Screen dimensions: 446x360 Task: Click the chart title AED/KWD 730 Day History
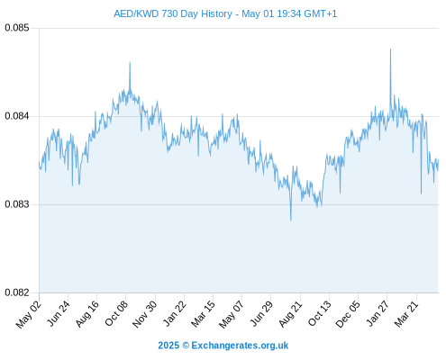(173, 13)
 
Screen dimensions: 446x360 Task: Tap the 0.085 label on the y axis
(17, 28)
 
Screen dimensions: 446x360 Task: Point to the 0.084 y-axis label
(17, 116)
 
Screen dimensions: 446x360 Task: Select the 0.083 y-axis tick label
(17, 204)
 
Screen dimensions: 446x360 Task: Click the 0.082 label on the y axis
(17, 292)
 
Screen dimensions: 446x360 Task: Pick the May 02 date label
(29, 314)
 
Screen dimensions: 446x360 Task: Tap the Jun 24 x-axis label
(59, 314)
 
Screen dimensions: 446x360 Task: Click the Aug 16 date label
(86, 314)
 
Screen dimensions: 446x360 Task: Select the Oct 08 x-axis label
(116, 313)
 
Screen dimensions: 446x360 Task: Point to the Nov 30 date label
(144, 314)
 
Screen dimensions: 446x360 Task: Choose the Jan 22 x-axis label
(174, 313)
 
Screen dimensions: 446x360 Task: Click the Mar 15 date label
(203, 314)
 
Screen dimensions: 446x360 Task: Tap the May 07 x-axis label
(232, 314)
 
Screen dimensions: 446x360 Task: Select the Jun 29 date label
(261, 313)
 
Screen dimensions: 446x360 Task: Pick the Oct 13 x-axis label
(320, 313)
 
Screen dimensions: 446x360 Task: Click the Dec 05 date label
(348, 314)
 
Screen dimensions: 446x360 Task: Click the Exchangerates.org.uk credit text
(240, 346)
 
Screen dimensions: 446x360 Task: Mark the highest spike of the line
(390, 49)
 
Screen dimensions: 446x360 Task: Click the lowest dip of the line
(291, 220)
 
